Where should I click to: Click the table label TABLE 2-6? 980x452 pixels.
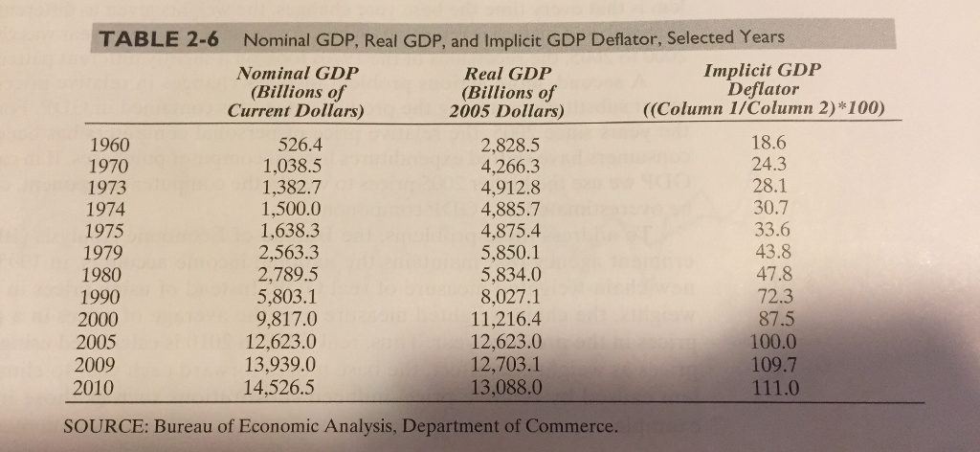160,40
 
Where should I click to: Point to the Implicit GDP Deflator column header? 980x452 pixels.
763,88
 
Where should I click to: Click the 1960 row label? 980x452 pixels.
109,147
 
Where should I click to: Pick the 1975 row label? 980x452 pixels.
105,232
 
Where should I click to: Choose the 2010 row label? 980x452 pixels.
93,388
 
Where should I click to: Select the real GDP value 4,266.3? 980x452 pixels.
511,167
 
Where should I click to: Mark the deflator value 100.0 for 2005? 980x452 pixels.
773,343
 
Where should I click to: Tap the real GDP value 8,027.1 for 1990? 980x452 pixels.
510,296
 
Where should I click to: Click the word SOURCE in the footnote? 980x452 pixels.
105,426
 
